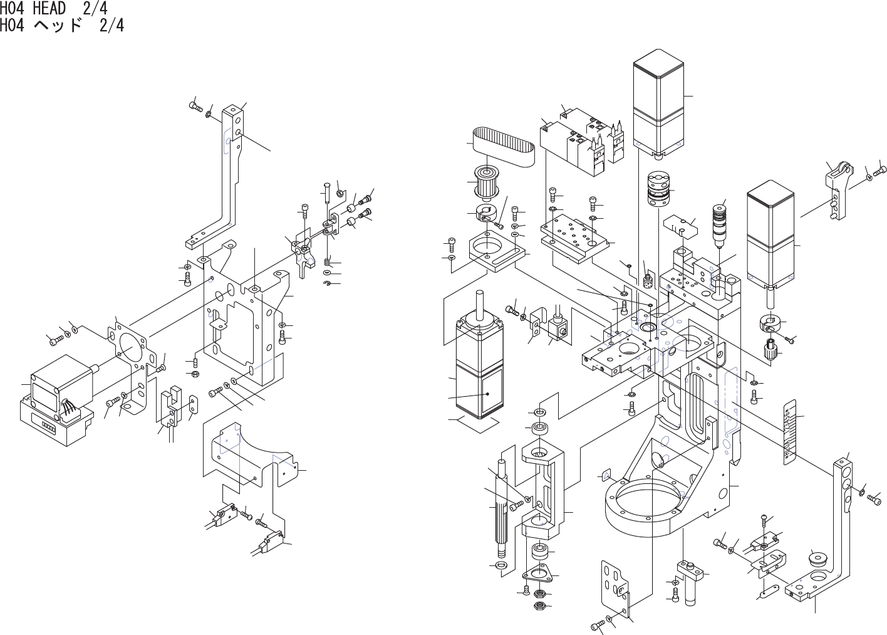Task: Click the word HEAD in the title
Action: [48, 9]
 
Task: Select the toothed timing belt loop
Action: [502, 145]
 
